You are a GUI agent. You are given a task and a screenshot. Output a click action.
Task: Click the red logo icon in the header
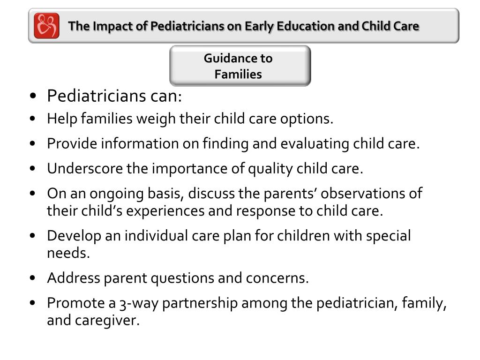[x=46, y=26]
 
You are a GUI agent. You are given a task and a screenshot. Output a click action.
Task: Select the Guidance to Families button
[x=240, y=66]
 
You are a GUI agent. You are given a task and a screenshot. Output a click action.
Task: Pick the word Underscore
[x=85, y=169]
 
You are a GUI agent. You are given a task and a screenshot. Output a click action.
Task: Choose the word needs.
[x=67, y=253]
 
